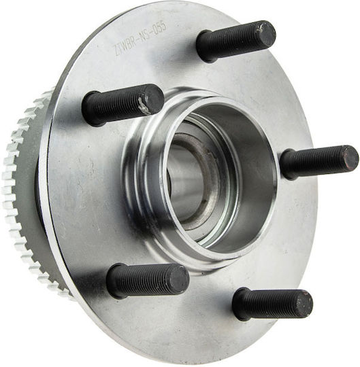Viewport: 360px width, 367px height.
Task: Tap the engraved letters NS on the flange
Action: coord(144,35)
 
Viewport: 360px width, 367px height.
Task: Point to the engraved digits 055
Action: coord(159,27)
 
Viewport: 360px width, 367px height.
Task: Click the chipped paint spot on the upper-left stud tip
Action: coord(144,106)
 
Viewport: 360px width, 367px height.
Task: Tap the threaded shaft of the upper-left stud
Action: coord(120,105)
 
